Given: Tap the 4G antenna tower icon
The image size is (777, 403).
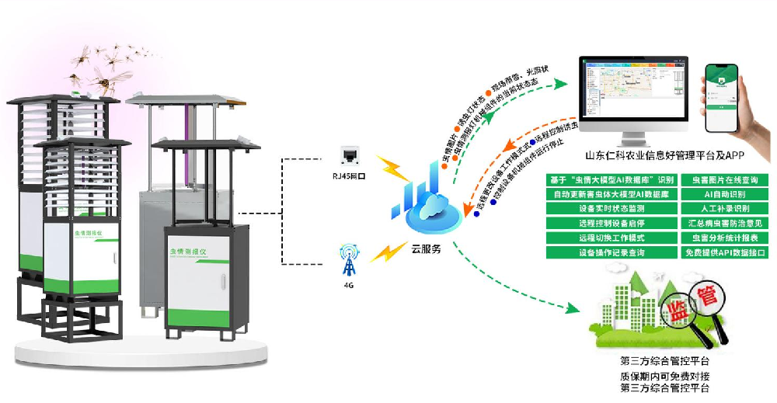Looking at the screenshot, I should pos(347,263).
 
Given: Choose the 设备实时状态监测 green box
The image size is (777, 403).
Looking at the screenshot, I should pos(611,209).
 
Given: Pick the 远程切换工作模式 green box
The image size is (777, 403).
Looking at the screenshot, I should pos(611,238).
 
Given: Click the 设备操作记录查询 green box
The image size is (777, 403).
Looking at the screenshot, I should pos(611,252).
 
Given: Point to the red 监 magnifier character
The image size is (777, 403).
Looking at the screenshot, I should pos(675,311).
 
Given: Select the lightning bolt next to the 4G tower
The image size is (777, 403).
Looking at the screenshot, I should pos(384,252).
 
